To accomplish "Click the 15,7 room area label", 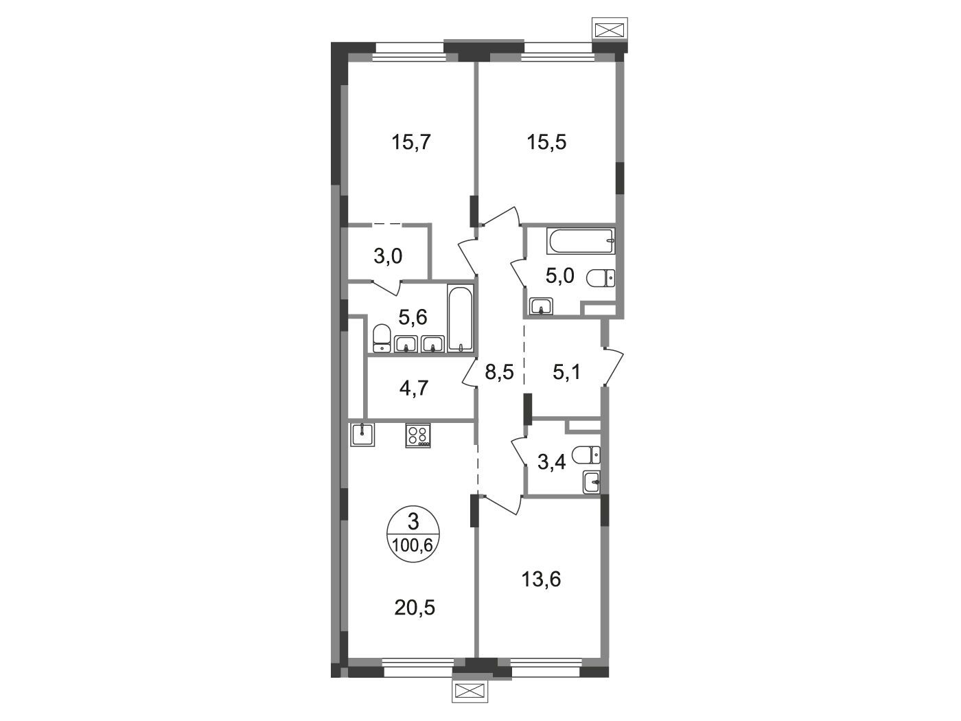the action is click(x=105, y=142).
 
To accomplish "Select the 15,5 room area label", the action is click(x=546, y=142).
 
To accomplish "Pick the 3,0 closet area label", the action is click(x=82, y=256).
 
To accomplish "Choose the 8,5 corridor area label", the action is click(x=499, y=373).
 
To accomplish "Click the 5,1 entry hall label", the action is click(x=566, y=373).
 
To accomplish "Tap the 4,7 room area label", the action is click(x=107, y=388).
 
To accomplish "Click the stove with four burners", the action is click(x=417, y=435).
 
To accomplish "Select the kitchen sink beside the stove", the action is click(x=362, y=435).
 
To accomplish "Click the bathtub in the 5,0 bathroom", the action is click(x=581, y=241).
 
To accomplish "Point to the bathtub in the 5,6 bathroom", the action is click(x=460, y=317).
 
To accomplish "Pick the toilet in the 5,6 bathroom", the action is click(x=382, y=338).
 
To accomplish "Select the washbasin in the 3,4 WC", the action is click(x=592, y=483).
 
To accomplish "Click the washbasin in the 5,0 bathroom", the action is click(x=542, y=306).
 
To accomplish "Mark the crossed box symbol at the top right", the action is click(x=610, y=30).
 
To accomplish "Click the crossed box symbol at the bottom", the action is click(x=470, y=691).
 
